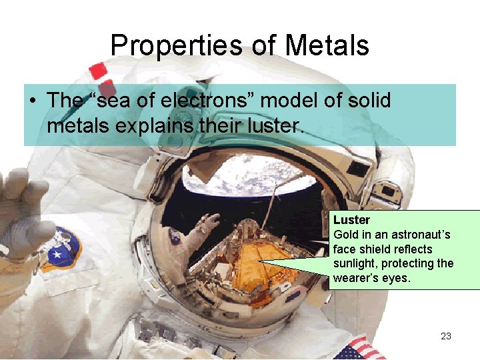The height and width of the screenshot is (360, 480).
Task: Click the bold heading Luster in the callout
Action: click(352, 220)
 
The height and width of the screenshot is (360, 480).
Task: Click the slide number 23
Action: click(446, 336)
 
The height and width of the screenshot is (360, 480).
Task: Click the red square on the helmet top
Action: click(99, 70)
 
